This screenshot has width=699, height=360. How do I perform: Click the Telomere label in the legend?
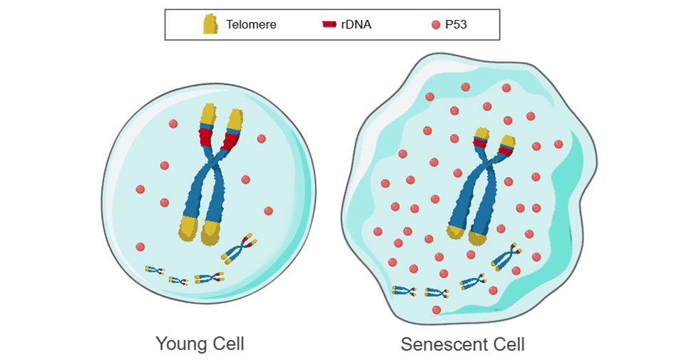(251, 25)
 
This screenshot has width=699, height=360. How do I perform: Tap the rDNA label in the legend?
(356, 25)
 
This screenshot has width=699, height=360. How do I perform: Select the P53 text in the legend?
(456, 25)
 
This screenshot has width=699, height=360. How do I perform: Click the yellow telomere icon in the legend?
(210, 25)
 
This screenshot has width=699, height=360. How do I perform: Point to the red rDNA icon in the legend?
(329, 25)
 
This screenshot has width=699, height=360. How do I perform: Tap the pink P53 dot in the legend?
(436, 25)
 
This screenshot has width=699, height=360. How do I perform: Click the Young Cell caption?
(200, 344)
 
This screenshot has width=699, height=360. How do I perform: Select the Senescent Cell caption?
(462, 344)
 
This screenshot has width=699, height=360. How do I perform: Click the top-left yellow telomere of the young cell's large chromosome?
(208, 114)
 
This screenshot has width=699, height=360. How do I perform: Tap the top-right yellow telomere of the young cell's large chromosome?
(235, 119)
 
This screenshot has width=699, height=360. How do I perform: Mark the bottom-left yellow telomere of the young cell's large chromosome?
(188, 228)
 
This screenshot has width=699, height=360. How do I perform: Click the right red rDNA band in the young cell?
(230, 140)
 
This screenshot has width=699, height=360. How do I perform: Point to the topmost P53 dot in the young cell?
(173, 124)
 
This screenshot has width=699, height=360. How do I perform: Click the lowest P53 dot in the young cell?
(141, 247)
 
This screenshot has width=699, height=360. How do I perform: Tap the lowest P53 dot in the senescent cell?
(437, 309)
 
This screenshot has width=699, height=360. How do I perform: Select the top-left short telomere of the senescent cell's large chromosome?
(481, 133)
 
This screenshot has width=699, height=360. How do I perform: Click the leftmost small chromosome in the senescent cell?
(403, 290)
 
